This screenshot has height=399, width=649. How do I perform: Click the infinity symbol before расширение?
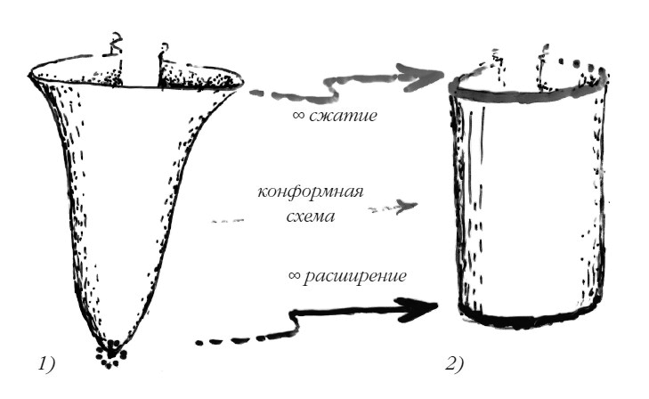click(x=296, y=277)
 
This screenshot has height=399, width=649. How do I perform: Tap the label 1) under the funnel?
click(x=46, y=362)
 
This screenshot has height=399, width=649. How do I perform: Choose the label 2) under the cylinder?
click(x=453, y=362)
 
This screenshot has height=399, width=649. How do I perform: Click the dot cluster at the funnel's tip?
click(x=110, y=353)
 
